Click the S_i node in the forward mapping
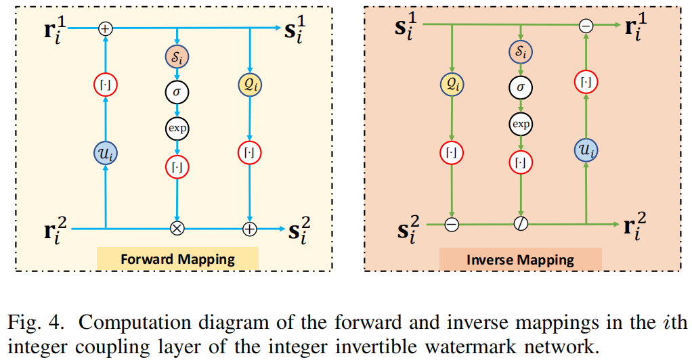(177, 58)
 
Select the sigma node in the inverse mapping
(521, 87)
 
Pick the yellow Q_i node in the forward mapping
(250, 85)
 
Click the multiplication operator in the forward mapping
(177, 229)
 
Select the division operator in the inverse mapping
(521, 223)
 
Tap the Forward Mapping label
(177, 258)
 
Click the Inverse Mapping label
(520, 259)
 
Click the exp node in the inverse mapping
(521, 124)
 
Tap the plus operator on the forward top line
(106, 28)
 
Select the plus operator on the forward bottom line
(250, 229)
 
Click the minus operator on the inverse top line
(586, 26)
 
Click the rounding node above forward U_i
(106, 85)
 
